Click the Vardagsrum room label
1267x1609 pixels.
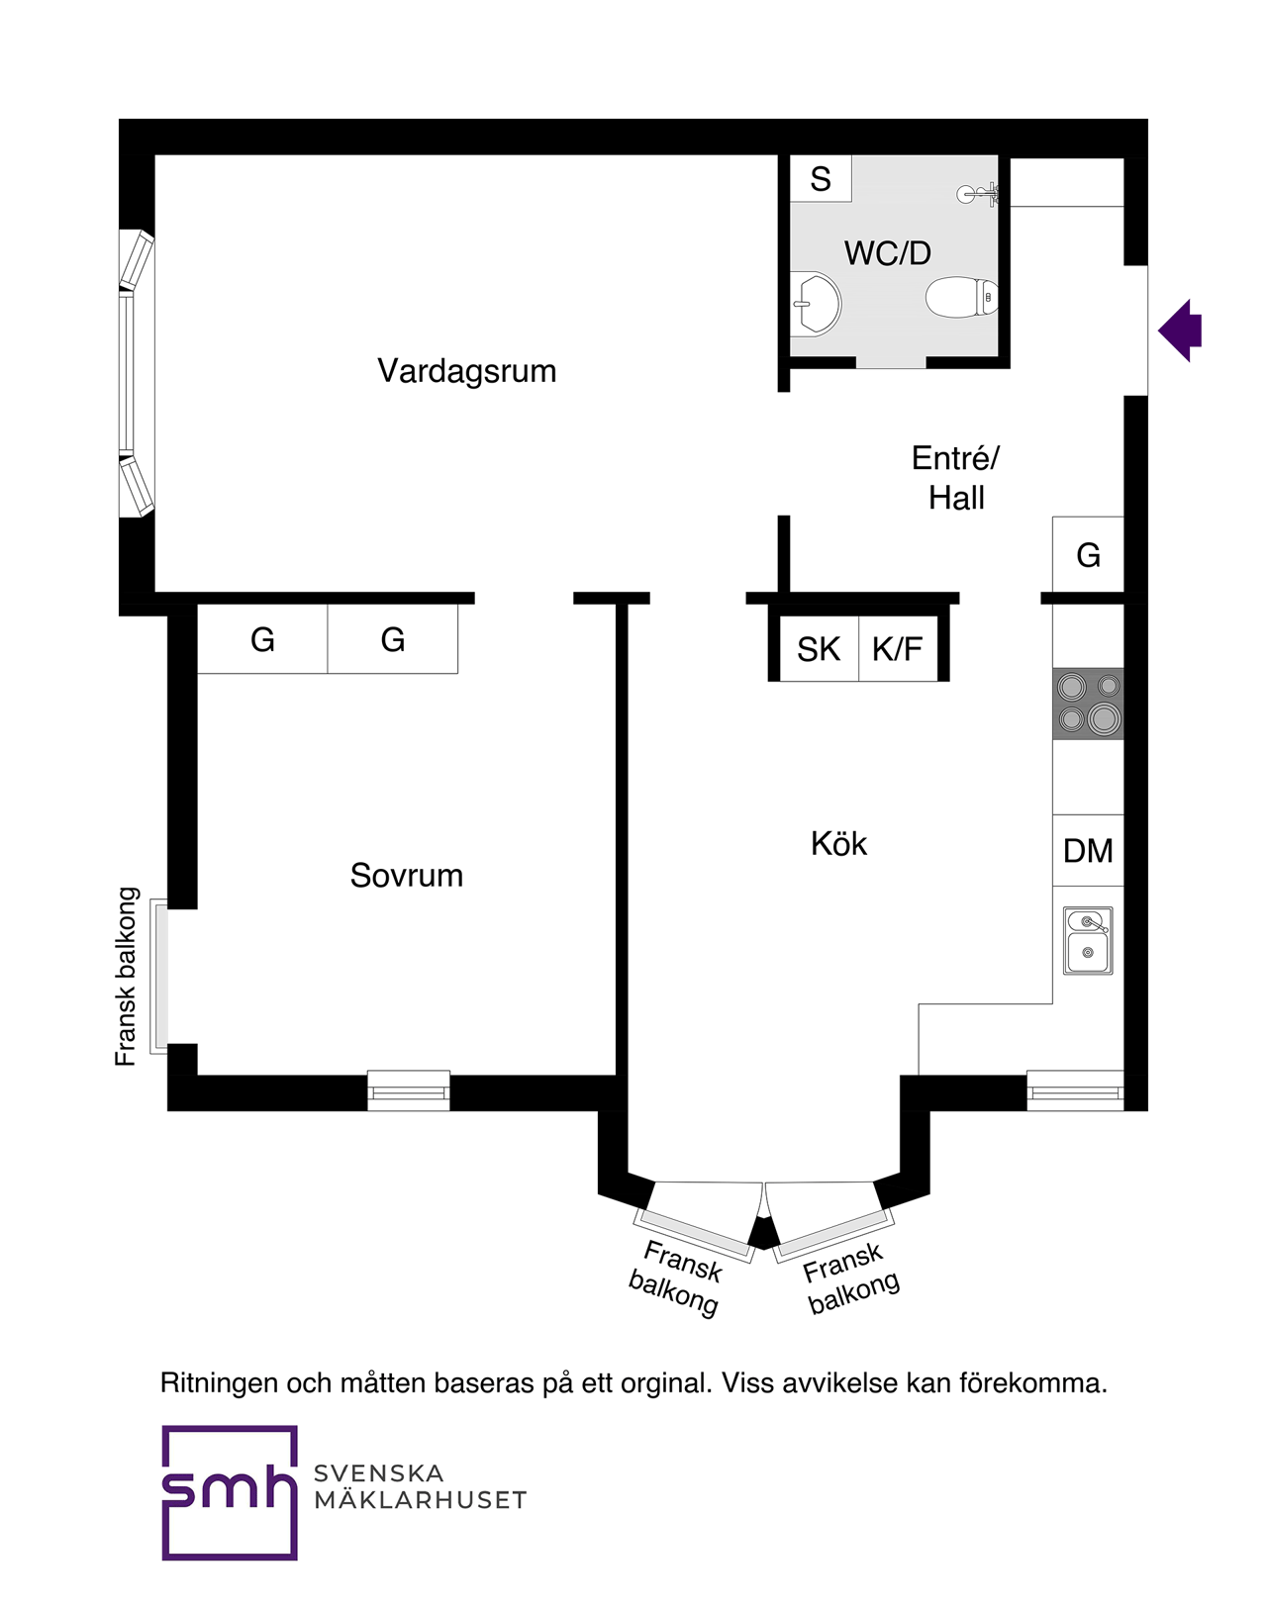(x=466, y=371)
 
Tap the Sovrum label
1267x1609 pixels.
(x=406, y=876)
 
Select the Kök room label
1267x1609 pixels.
(x=838, y=844)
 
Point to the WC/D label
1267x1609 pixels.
(x=887, y=253)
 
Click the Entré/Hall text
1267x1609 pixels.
(x=955, y=478)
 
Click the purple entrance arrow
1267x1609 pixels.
(x=1180, y=331)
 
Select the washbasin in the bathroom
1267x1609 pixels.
(x=815, y=304)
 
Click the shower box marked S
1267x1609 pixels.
(x=821, y=179)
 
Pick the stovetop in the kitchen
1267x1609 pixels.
(x=1088, y=704)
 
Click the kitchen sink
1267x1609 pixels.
(x=1088, y=940)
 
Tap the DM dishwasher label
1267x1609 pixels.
(x=1088, y=851)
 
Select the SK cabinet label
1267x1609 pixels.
(x=819, y=650)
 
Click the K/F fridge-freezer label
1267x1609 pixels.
(x=897, y=650)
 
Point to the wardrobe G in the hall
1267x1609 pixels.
(x=1088, y=556)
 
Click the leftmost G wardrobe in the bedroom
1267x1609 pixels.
(x=262, y=640)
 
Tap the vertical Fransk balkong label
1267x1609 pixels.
(x=126, y=977)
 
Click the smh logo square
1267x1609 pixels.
(x=230, y=1492)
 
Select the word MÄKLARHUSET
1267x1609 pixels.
(x=420, y=1501)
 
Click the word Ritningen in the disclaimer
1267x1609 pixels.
(x=219, y=1382)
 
